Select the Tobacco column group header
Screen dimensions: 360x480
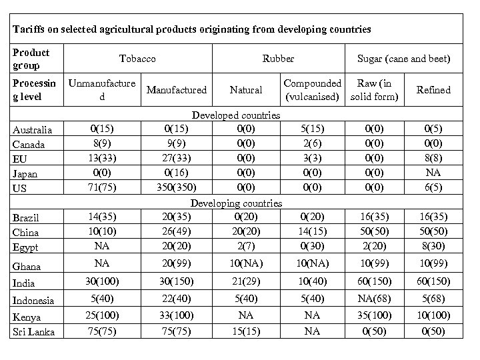(137, 59)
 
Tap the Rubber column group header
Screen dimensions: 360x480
(278, 59)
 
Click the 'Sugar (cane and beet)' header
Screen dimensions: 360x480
(404, 59)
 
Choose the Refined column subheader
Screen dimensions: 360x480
(433, 89)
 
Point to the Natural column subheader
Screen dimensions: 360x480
(245, 89)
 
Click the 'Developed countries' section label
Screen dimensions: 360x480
(236, 116)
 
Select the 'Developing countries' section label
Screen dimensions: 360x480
(236, 203)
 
